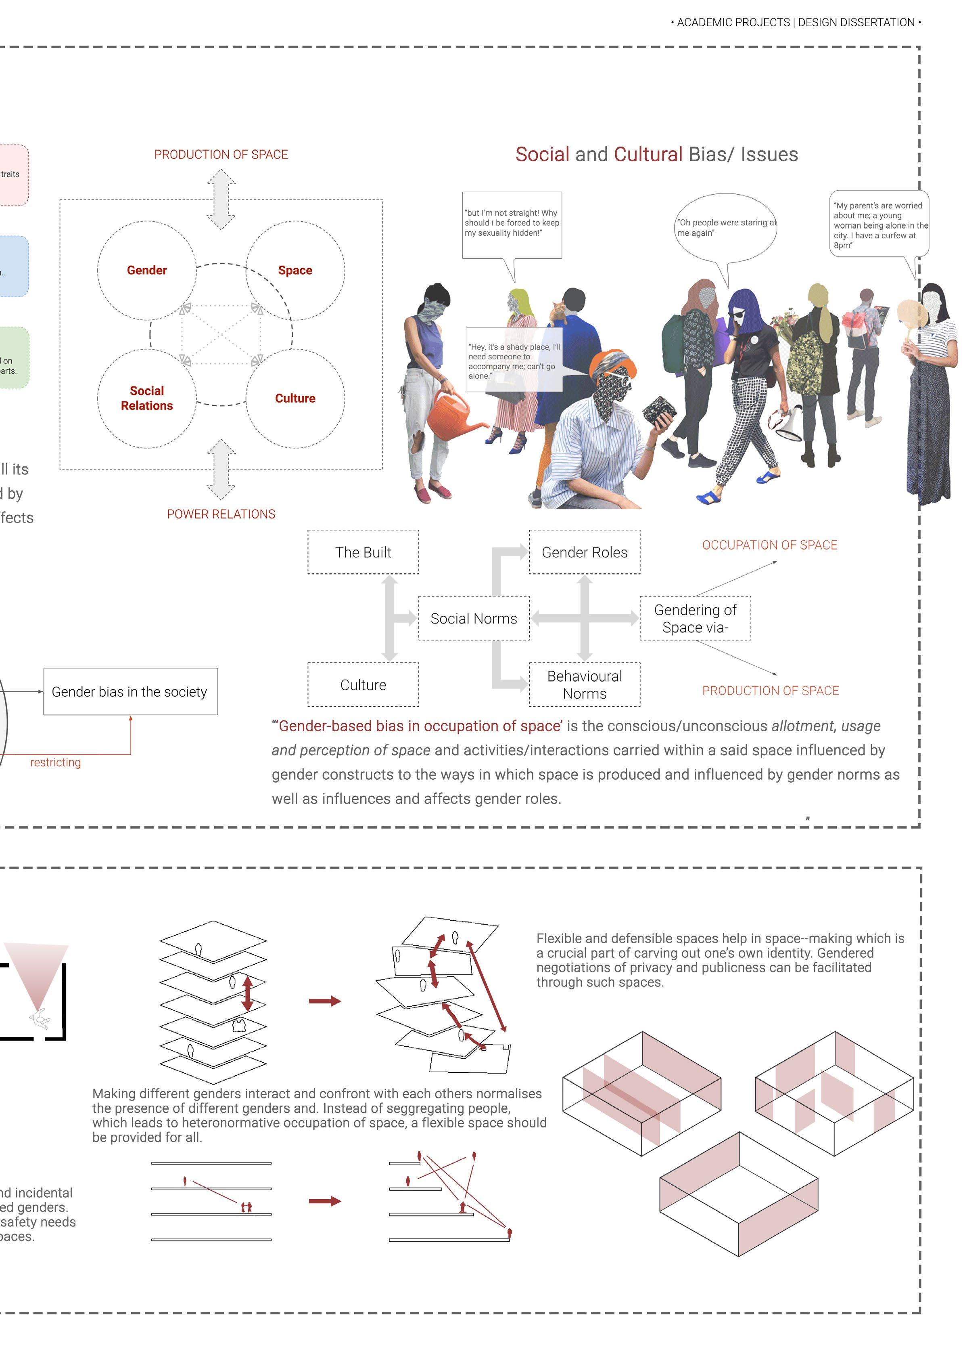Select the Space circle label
[x=295, y=271]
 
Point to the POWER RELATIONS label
[x=221, y=514]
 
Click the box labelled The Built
[x=363, y=552]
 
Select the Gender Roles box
[x=584, y=552]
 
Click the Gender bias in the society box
[x=130, y=691]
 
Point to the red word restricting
[x=55, y=762]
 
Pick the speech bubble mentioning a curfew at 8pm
[x=879, y=224]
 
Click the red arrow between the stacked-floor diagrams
[x=324, y=1001]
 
